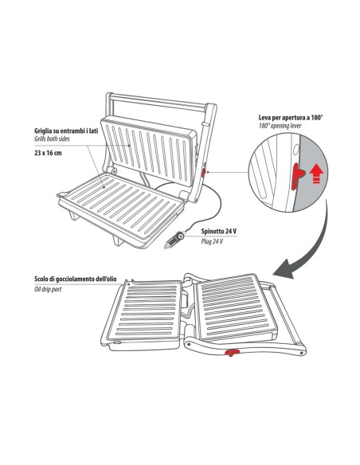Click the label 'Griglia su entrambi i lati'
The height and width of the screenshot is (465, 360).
coord(66,131)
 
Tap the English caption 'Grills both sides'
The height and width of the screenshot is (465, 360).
coord(52,139)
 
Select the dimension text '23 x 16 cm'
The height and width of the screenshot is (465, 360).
coord(48,154)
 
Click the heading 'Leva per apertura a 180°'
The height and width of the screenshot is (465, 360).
coord(291,117)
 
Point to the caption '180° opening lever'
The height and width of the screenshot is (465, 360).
coord(280,126)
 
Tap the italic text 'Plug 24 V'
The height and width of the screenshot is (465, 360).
coord(212,241)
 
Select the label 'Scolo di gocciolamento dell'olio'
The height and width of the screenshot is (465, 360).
coord(76,279)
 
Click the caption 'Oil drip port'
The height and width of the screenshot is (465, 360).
coord(48,289)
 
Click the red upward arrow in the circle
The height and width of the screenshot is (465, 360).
coord(316,174)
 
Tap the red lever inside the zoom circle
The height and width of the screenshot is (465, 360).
coord(297,176)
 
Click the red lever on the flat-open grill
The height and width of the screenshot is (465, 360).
coord(232,352)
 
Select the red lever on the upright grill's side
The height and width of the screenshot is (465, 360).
coord(203,172)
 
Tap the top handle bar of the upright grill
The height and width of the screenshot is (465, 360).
coord(157,101)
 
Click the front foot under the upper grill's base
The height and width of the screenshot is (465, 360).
coord(117,240)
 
